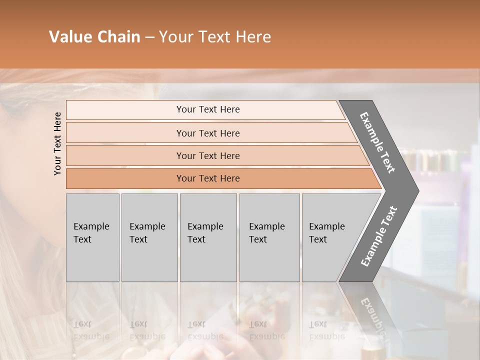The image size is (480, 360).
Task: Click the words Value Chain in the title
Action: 94,37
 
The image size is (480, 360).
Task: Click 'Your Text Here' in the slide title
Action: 215,37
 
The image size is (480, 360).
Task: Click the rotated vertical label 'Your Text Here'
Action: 57,143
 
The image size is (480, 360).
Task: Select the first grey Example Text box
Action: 92,237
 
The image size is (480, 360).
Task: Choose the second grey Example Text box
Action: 149,237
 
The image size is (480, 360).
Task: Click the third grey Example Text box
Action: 208,237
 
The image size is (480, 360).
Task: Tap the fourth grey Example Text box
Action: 269,237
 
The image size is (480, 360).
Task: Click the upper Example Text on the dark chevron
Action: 377,142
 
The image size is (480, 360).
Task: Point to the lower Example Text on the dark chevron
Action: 378,236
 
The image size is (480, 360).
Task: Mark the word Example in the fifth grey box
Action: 327,226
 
